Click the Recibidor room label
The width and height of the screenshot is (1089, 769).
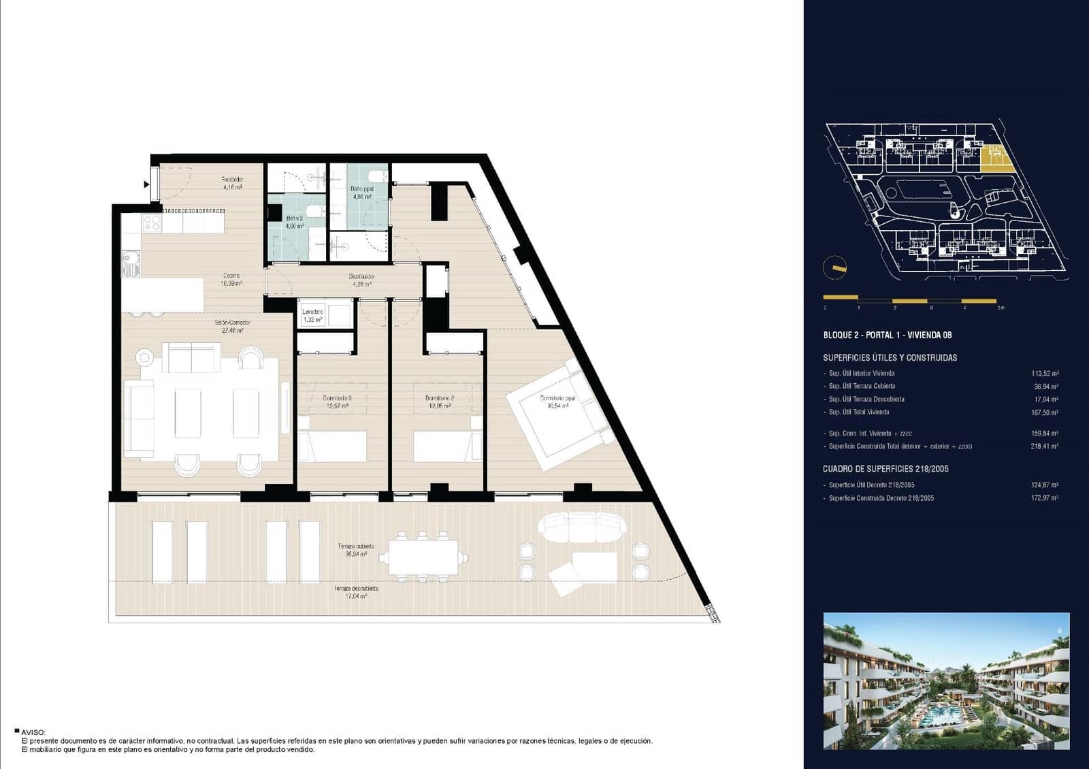tap(232, 183)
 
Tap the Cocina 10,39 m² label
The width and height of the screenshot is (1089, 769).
tap(231, 280)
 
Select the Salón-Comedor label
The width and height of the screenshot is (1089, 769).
tap(232, 327)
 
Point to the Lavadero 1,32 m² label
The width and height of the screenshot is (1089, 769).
tap(312, 315)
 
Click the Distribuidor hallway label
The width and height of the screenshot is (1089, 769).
tap(362, 280)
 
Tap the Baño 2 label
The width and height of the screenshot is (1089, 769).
tap(295, 222)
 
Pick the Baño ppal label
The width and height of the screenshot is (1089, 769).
tap(361, 193)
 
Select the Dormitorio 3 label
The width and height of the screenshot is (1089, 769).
tap(337, 402)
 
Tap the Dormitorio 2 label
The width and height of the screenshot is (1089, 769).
tap(440, 402)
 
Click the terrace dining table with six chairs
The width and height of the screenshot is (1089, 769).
tap(423, 557)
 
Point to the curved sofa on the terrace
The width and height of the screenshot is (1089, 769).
tap(582, 527)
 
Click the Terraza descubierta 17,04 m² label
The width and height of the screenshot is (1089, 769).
tap(356, 591)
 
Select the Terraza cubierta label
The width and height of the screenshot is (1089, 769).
tap(356, 550)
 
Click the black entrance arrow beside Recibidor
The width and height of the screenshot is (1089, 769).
tap(146, 184)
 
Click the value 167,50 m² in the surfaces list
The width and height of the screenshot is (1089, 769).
tap(1044, 412)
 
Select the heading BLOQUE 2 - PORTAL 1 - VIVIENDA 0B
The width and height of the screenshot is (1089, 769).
tap(887, 335)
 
